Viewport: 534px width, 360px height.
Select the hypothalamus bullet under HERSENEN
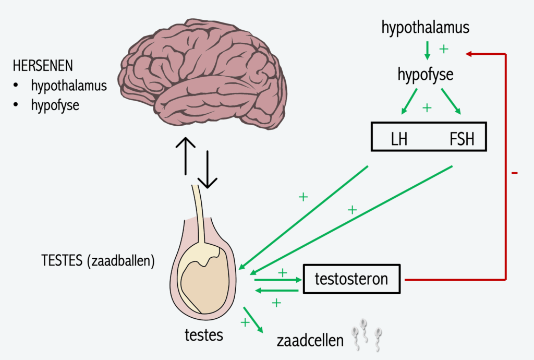pos(68,86)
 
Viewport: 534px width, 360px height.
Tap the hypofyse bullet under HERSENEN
pos(55,105)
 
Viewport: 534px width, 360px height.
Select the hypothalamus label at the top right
pos(426,28)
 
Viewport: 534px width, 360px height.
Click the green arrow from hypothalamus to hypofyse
pos(427,50)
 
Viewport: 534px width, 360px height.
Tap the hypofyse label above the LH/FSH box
pos(425,75)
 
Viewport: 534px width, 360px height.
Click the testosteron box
pos(352,279)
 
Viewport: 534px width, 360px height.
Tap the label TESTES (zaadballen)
pos(98,261)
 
